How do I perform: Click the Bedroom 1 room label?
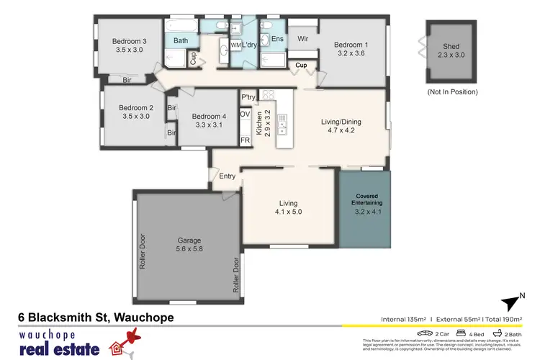351,45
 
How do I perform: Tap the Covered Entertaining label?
365,200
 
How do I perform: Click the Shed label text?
451,48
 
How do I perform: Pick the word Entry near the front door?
227,176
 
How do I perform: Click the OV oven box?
245,114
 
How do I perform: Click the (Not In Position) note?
451,92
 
